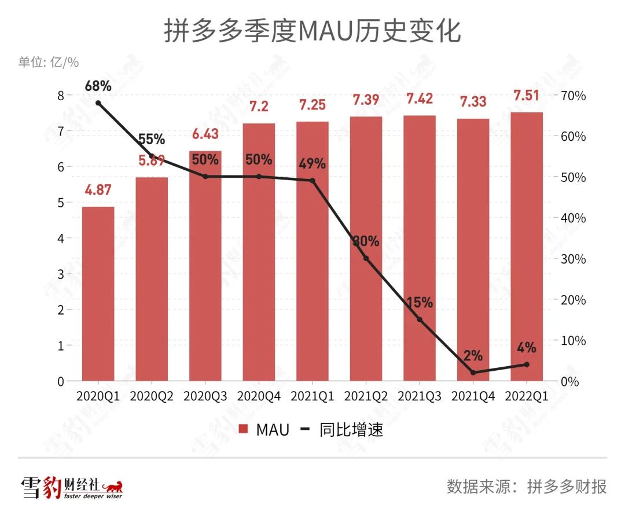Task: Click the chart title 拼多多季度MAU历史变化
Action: click(312, 31)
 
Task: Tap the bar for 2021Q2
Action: click(366, 249)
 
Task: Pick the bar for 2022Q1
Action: click(527, 246)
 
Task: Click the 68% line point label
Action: click(98, 86)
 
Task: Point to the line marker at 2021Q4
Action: click(473, 372)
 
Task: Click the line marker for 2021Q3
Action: click(420, 320)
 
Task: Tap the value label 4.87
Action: click(98, 191)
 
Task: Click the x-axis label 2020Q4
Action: click(259, 396)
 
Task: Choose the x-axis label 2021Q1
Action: click(312, 396)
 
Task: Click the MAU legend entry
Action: click(260, 430)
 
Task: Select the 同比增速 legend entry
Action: click(341, 430)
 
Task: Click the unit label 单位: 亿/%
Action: click(49, 62)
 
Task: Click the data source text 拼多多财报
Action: click(567, 486)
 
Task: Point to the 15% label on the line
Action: click(420, 302)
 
